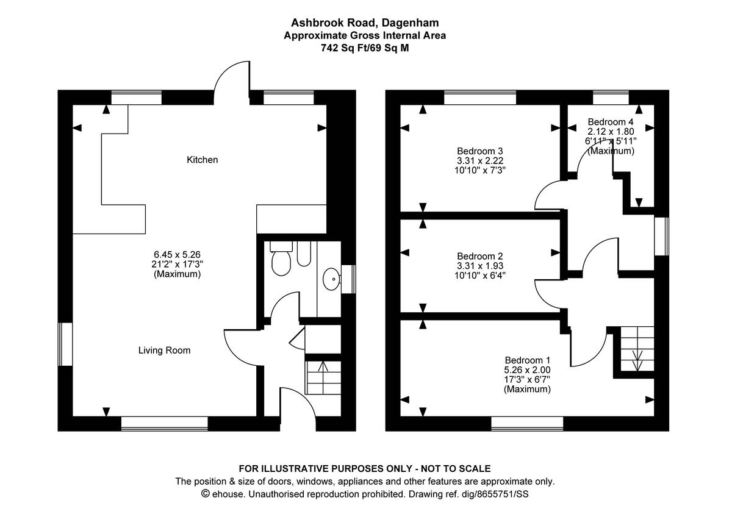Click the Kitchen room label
coord(202,160)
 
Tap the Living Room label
coord(164,351)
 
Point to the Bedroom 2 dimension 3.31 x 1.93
coord(479,266)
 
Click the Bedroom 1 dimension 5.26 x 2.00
coord(527,369)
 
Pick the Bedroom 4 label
coord(611,121)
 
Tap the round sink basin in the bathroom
coord(332,280)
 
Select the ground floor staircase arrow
coord(322,368)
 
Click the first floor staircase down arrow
coord(638,360)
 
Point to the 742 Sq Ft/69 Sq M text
coord(365,47)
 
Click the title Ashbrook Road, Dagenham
coord(365,23)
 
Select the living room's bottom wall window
coord(164,423)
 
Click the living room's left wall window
coord(65,344)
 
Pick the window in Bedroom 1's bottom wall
coord(527,423)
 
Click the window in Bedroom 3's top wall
coord(479,98)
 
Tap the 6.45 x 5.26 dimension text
coord(177,254)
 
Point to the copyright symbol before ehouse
coord(206,494)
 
